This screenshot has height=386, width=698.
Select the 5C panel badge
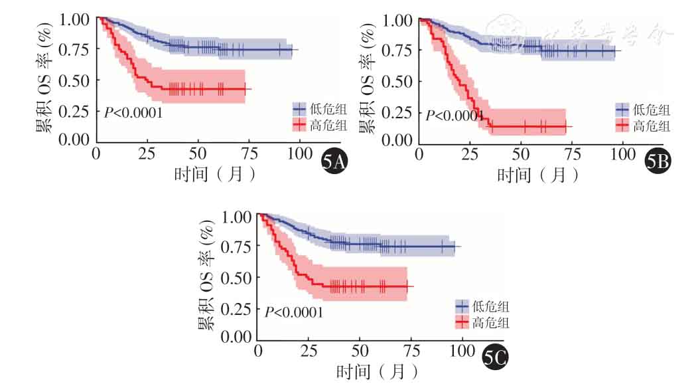496,359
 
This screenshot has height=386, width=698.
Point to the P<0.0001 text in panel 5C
294,311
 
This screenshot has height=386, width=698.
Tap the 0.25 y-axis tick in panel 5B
397,110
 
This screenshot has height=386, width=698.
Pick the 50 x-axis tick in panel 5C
359,350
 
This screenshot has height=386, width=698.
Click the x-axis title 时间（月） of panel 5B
537,175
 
